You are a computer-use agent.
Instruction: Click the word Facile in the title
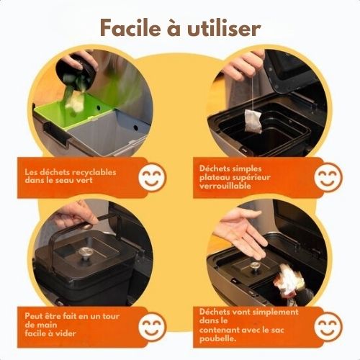click(x=130, y=28)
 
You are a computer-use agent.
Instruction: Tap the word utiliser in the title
click(x=224, y=28)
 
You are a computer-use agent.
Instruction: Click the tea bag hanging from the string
click(x=253, y=121)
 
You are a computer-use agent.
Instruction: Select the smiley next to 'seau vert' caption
click(x=152, y=177)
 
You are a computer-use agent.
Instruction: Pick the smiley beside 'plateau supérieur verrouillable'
click(x=328, y=177)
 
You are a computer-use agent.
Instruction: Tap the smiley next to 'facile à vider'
click(x=152, y=326)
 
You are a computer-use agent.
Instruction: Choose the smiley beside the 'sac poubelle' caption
click(x=328, y=326)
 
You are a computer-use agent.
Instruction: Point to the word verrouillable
click(x=225, y=186)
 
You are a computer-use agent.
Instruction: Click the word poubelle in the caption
click(x=217, y=339)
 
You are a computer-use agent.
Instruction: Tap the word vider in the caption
click(x=66, y=333)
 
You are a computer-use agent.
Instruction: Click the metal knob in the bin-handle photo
click(x=84, y=253)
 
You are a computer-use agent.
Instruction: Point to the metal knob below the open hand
click(x=254, y=266)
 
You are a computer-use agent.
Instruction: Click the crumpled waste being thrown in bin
click(x=289, y=282)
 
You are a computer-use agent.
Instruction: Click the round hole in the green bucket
click(x=98, y=108)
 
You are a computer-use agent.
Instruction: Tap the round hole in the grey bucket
click(x=136, y=127)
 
